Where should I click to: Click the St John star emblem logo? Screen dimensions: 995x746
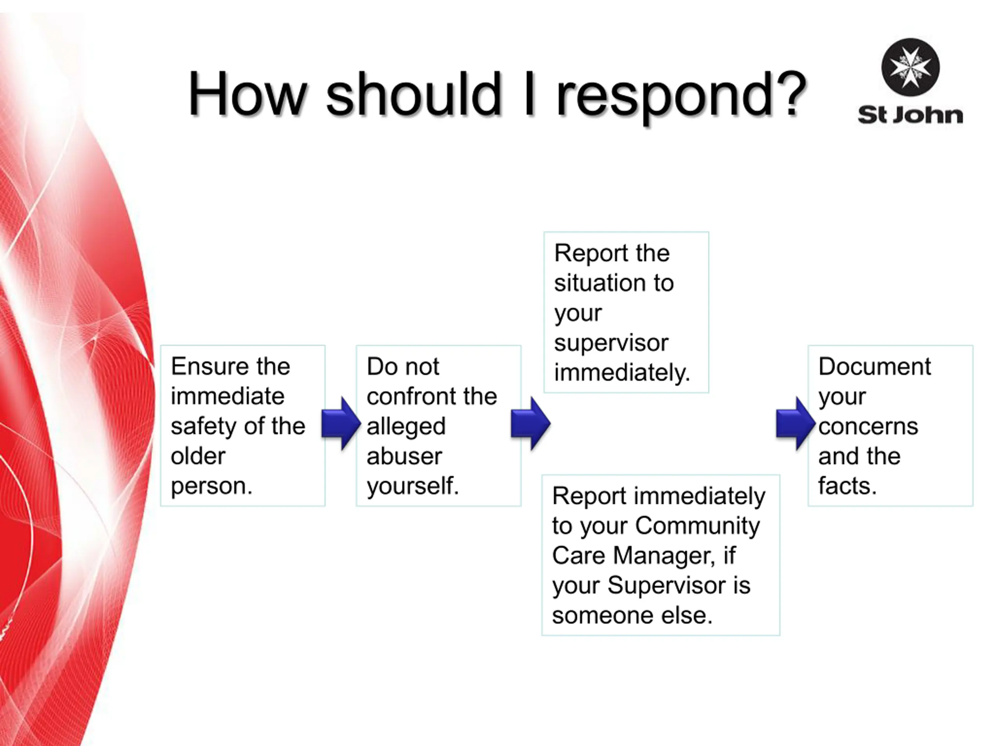(x=910, y=67)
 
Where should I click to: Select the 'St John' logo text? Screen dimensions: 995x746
(x=910, y=115)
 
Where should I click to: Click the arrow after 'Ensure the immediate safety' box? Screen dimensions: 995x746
(x=341, y=424)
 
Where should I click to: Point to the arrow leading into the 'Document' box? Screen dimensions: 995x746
(x=796, y=424)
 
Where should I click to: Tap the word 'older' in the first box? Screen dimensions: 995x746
(x=198, y=456)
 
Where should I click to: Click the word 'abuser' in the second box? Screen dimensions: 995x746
(x=404, y=456)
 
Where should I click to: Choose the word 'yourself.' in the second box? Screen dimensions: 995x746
(x=413, y=486)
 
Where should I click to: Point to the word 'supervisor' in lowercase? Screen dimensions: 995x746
(x=611, y=343)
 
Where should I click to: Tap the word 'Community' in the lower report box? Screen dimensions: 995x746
(x=697, y=526)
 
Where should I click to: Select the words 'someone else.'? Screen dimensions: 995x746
(x=632, y=615)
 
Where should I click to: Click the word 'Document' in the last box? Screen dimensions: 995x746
(x=875, y=366)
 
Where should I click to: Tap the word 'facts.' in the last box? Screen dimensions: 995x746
(x=847, y=486)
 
